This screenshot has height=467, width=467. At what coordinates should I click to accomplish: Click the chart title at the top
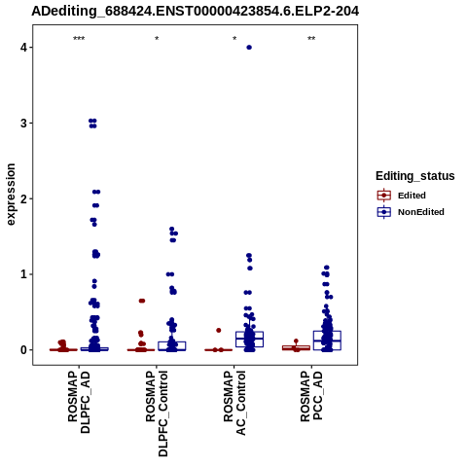196,12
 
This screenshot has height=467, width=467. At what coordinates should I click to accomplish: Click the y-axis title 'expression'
11,195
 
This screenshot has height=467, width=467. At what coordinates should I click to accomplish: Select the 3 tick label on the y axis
24,124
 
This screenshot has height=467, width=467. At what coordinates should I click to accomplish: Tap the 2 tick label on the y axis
24,198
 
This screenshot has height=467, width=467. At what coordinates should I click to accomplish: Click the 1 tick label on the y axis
24,274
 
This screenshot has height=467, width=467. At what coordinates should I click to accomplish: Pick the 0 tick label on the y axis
24,350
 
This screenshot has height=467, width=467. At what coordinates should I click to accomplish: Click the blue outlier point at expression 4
249,48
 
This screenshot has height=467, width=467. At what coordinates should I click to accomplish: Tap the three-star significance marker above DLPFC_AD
79,39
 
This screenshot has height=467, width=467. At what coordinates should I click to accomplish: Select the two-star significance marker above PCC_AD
311,39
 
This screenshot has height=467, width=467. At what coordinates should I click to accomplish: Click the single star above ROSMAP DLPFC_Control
157,39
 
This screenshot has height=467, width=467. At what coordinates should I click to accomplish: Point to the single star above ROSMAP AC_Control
234,39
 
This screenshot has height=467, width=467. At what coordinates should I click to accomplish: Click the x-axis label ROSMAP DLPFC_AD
79,402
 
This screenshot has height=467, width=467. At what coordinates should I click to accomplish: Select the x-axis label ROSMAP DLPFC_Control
157,413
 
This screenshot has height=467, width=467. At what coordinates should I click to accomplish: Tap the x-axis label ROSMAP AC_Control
234,403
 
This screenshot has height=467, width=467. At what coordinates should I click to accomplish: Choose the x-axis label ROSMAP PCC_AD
311,396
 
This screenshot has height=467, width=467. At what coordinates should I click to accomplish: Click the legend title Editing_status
414,176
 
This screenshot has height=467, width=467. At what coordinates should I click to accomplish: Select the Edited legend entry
412,196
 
